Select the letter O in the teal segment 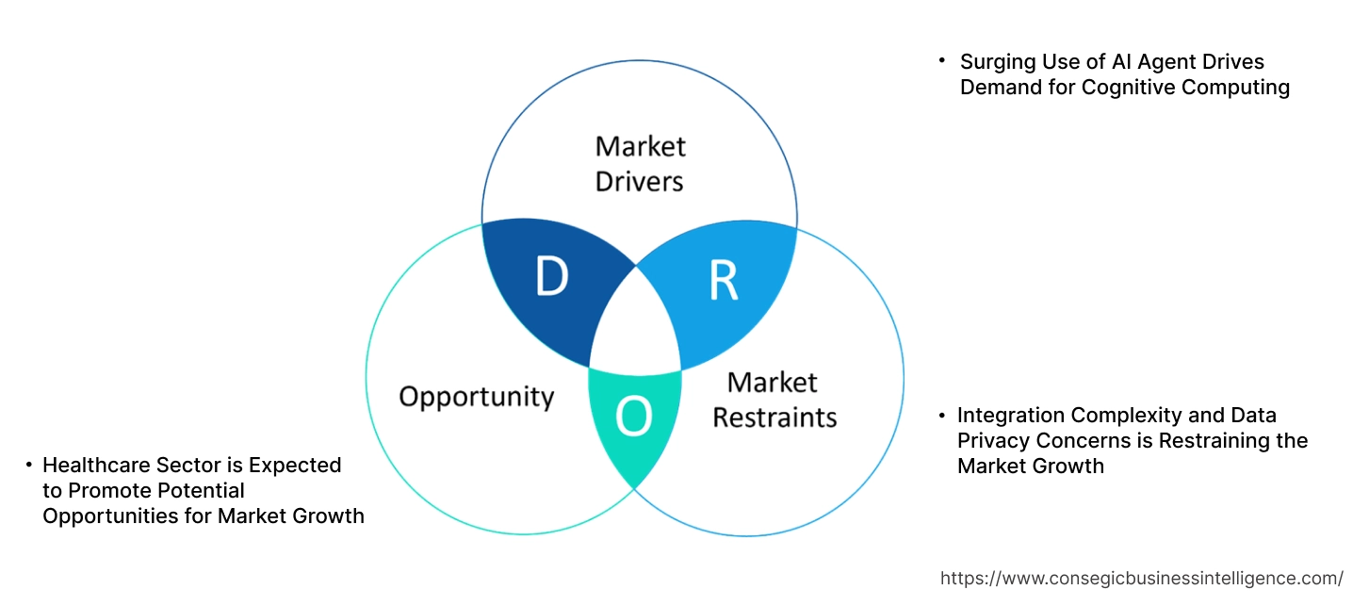633,418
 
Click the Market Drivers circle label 640,163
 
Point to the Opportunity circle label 476,396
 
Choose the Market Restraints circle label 774,400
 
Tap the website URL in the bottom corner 1142,578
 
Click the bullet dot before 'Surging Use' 941,60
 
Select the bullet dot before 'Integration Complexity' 941,415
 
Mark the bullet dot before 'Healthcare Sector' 29,465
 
